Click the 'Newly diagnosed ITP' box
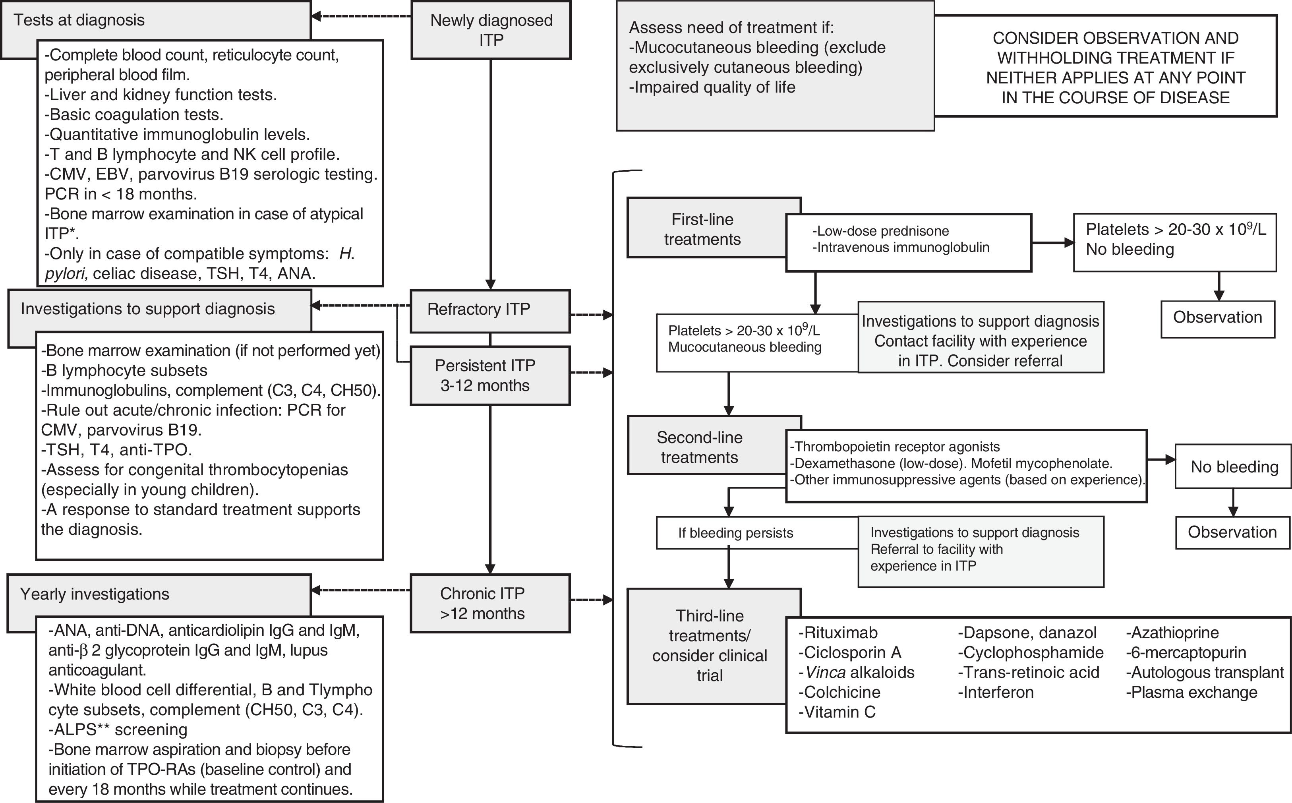click(x=491, y=30)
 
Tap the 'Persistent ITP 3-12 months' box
click(x=489, y=375)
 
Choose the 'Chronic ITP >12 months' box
click(x=489, y=603)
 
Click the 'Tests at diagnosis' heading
click(x=79, y=20)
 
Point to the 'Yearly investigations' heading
click(x=95, y=594)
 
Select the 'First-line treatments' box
click(x=702, y=229)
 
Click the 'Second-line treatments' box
click(x=699, y=447)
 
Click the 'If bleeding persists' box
click(x=735, y=533)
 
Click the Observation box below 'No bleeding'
click(x=1232, y=532)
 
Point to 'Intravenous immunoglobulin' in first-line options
click(x=901, y=248)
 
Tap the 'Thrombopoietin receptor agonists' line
click(x=895, y=447)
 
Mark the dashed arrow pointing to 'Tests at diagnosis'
click(x=361, y=16)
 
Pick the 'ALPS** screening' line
click(x=118, y=730)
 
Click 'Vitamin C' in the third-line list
click(x=837, y=712)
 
